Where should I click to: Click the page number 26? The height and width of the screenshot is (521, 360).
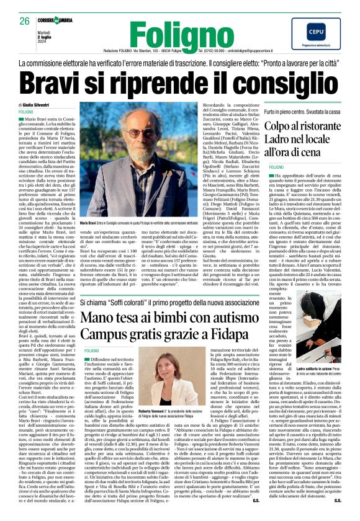point(25,21)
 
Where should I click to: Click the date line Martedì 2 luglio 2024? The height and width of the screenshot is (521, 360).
point(30,38)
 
